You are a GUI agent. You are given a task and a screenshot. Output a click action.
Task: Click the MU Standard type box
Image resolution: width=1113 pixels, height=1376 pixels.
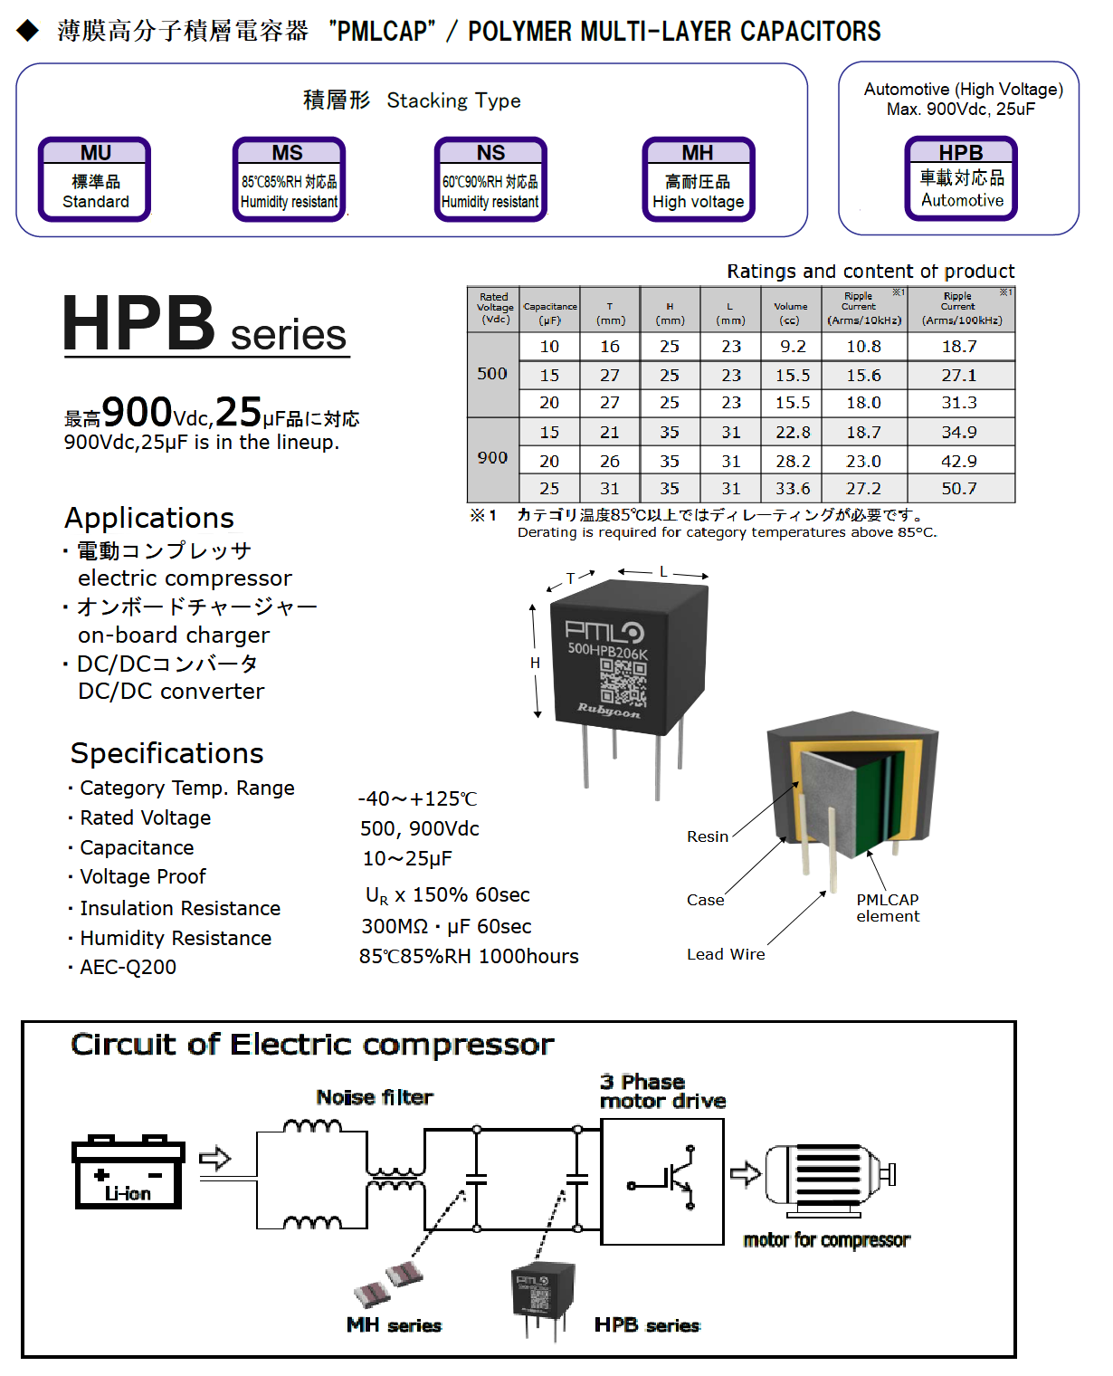pos(95,179)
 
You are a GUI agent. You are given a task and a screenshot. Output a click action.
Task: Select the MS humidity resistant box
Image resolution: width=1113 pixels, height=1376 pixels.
pos(289,179)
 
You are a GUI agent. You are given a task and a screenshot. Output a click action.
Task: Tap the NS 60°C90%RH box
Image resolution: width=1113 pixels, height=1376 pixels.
pos(490,179)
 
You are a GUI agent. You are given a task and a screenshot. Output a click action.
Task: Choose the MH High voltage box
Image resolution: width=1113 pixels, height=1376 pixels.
pos(699,179)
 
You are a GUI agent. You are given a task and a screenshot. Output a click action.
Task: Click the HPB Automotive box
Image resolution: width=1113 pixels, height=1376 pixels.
pos(961,178)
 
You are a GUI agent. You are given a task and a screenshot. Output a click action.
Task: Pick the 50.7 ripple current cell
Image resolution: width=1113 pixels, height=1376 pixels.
pos(959,489)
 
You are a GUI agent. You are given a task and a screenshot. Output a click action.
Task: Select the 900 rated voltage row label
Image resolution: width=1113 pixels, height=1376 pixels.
pos(492,458)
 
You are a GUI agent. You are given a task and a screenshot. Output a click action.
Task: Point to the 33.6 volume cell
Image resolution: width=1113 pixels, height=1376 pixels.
pos(793,489)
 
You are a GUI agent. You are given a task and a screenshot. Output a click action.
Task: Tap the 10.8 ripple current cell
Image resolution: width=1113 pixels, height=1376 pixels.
pos(863,347)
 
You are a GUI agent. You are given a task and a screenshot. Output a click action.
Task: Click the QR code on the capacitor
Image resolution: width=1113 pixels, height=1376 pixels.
pos(623,681)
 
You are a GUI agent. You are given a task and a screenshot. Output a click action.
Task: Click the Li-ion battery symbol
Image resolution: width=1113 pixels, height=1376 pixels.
pos(128,1172)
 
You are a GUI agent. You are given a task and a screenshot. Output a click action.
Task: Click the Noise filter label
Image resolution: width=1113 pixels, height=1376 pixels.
pos(375,1097)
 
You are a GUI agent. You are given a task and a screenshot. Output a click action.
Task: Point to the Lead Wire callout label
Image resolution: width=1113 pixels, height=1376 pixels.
pos(726,954)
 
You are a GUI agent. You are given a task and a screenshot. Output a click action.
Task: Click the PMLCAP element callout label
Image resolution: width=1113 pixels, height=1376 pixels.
pos(888,908)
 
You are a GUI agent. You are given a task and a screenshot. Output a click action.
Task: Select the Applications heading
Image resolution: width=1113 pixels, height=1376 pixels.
pos(149,518)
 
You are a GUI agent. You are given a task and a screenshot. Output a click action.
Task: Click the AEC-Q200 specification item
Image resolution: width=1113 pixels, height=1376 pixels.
pos(128,968)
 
